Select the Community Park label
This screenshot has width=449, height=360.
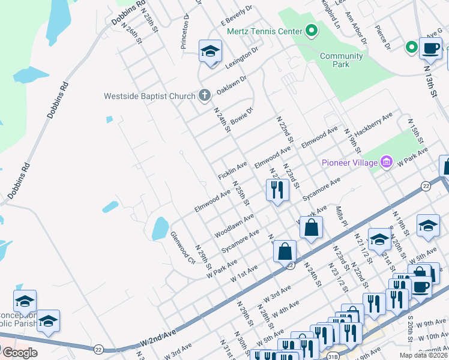[x=342, y=60]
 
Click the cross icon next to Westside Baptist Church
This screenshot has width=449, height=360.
[x=204, y=95]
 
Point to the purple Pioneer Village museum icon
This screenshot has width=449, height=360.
[x=387, y=162]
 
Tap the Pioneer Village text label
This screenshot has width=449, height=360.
[x=349, y=163]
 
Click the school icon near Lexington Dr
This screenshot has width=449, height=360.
[x=210, y=52]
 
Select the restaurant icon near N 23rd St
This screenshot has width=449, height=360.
[x=277, y=190]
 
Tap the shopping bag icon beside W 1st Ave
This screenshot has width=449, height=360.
[x=285, y=251]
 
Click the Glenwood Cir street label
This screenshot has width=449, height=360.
[x=183, y=247]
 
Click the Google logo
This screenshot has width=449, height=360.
[x=19, y=353]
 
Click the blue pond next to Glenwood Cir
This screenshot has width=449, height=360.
[x=160, y=229]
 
